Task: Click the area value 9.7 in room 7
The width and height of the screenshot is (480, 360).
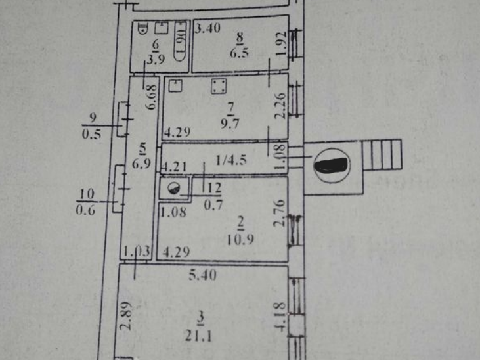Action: [230, 122]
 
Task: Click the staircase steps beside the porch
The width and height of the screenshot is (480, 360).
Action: [382, 156]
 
